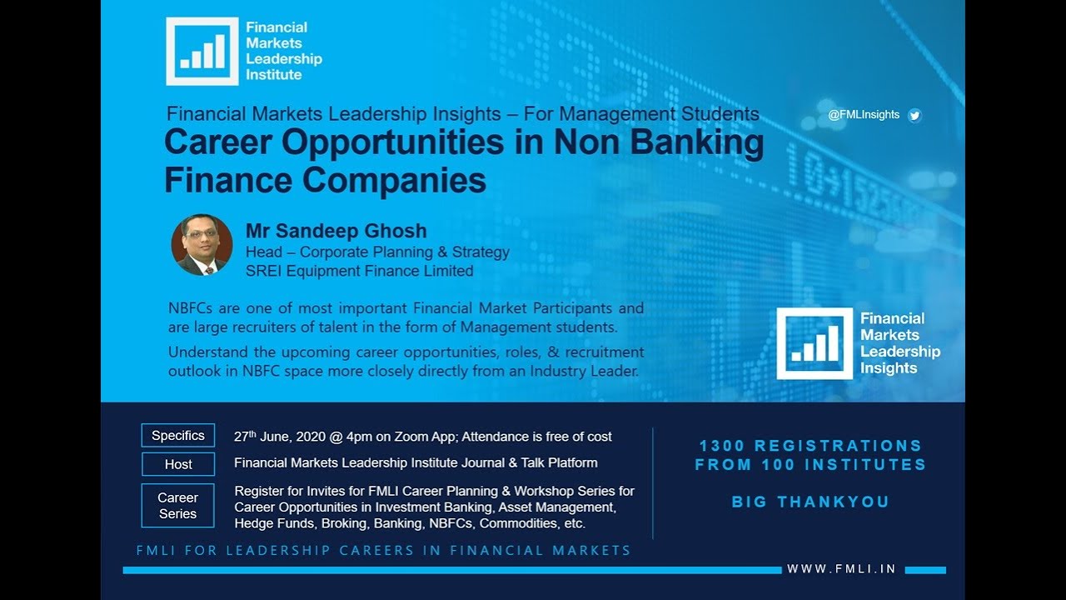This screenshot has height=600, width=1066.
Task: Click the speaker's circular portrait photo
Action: pyautogui.click(x=202, y=245)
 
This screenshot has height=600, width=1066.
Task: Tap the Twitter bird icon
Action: pyautogui.click(x=914, y=116)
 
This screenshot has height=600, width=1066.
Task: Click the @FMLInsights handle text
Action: pyautogui.click(x=864, y=115)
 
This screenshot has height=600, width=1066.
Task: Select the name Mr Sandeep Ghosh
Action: pyautogui.click(x=336, y=231)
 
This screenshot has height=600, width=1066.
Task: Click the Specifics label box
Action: pyautogui.click(x=178, y=436)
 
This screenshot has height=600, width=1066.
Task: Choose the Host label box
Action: pyautogui.click(x=178, y=464)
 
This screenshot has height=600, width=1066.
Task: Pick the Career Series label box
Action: pyautogui.click(x=178, y=506)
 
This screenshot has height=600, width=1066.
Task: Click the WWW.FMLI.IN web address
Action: pyautogui.click(x=841, y=569)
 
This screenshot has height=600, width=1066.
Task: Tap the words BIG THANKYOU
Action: pyautogui.click(x=810, y=502)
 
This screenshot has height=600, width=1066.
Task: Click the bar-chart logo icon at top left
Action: pyautogui.click(x=202, y=51)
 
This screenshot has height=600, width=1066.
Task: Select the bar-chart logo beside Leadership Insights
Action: pyautogui.click(x=814, y=343)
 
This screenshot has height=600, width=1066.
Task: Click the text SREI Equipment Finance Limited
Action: pyautogui.click(x=359, y=271)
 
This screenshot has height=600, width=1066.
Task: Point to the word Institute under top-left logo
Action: pyautogui.click(x=273, y=75)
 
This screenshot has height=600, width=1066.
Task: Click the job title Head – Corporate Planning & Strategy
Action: pyautogui.click(x=377, y=252)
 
